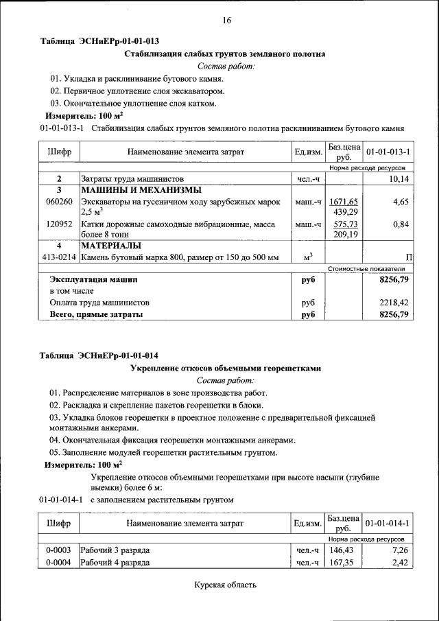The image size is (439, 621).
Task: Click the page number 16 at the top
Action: coord(226,21)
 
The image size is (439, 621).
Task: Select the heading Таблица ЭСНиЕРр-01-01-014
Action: coord(99,355)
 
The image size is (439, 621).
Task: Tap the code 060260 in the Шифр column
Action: coord(59,202)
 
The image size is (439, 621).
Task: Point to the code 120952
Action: coord(59,224)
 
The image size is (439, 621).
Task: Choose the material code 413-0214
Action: coord(59,257)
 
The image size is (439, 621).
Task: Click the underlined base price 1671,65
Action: coord(344,202)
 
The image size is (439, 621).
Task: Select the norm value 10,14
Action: coord(398,179)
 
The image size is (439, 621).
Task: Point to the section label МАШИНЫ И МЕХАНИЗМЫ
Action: coord(141,190)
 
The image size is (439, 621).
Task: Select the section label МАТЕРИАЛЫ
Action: coord(111,246)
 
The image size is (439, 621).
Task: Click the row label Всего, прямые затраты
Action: coord(96,314)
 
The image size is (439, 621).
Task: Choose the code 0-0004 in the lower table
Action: coord(59,563)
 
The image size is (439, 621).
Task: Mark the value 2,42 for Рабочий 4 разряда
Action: coord(401,563)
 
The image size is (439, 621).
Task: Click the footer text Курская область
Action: coord(225,585)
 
